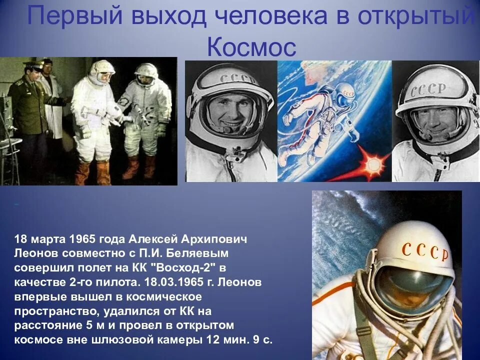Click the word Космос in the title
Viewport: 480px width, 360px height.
(x=251, y=47)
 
